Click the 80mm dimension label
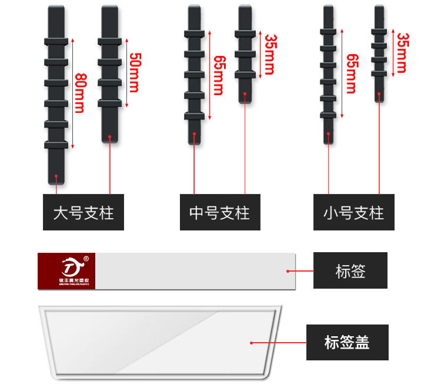point(81,92)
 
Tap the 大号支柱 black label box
point(83,212)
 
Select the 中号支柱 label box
point(219,212)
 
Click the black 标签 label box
point(350,270)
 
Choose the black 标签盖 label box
point(347,342)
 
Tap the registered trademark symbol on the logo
point(86,258)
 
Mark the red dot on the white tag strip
point(288,271)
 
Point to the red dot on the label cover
point(251,342)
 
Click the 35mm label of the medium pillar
point(269,54)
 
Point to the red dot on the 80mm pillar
point(56,175)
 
